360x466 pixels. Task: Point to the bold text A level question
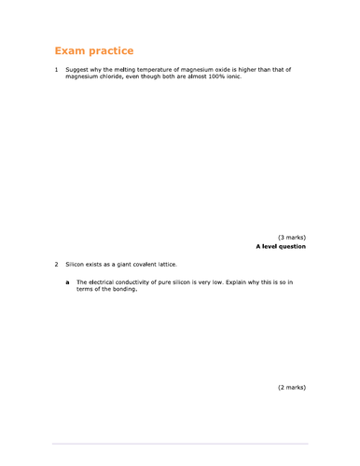tap(280, 247)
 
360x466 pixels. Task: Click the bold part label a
tap(66, 281)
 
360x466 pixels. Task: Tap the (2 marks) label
tap(291, 387)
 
